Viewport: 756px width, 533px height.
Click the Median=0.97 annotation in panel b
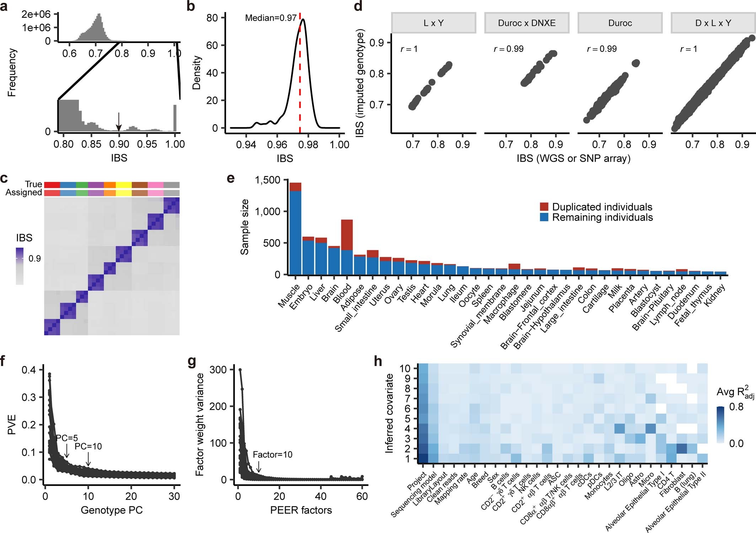[270, 18]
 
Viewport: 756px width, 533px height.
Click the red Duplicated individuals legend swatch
[544, 207]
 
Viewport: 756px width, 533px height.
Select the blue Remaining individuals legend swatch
[544, 217]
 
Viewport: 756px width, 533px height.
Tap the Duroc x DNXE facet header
[527, 23]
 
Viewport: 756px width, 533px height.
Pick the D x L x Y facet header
[713, 23]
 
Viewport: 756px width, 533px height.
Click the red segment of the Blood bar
[347, 235]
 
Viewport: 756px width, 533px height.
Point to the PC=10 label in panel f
[88, 446]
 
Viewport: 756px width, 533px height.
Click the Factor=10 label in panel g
[272, 454]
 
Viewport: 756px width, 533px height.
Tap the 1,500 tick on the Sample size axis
[267, 180]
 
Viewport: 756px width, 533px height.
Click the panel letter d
[358, 6]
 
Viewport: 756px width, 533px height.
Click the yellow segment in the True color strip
[124, 184]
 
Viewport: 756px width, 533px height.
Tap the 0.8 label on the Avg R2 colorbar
[736, 407]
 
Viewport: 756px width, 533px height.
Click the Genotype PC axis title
[112, 510]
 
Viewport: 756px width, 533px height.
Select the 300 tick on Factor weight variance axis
[219, 370]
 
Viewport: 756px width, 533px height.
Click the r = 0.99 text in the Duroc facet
[601, 49]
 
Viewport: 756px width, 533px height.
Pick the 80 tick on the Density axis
[212, 18]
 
